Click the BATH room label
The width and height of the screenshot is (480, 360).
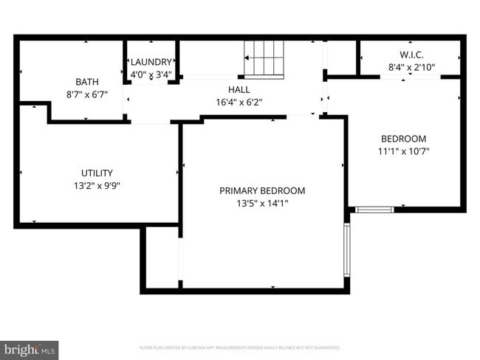[87, 81]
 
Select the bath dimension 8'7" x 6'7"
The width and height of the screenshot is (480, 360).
[87, 94]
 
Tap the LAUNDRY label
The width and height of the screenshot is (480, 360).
[151, 62]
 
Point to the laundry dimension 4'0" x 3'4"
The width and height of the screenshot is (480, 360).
[151, 75]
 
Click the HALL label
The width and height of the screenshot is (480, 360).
[238, 89]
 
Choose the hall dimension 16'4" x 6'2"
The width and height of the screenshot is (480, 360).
[239, 103]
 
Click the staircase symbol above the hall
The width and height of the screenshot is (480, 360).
[264, 59]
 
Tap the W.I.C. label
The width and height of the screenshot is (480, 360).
[411, 55]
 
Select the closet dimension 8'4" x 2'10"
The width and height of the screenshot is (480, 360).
[411, 67]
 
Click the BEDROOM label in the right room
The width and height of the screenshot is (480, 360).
[403, 138]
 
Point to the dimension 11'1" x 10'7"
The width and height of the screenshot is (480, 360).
[403, 151]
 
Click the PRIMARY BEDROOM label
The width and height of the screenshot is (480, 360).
[262, 190]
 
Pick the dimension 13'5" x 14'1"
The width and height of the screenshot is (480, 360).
[262, 204]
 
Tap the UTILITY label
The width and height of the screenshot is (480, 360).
[97, 173]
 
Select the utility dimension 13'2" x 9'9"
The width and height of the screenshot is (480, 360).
[97, 186]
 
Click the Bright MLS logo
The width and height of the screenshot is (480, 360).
[30, 349]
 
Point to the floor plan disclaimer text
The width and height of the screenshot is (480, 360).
[240, 347]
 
